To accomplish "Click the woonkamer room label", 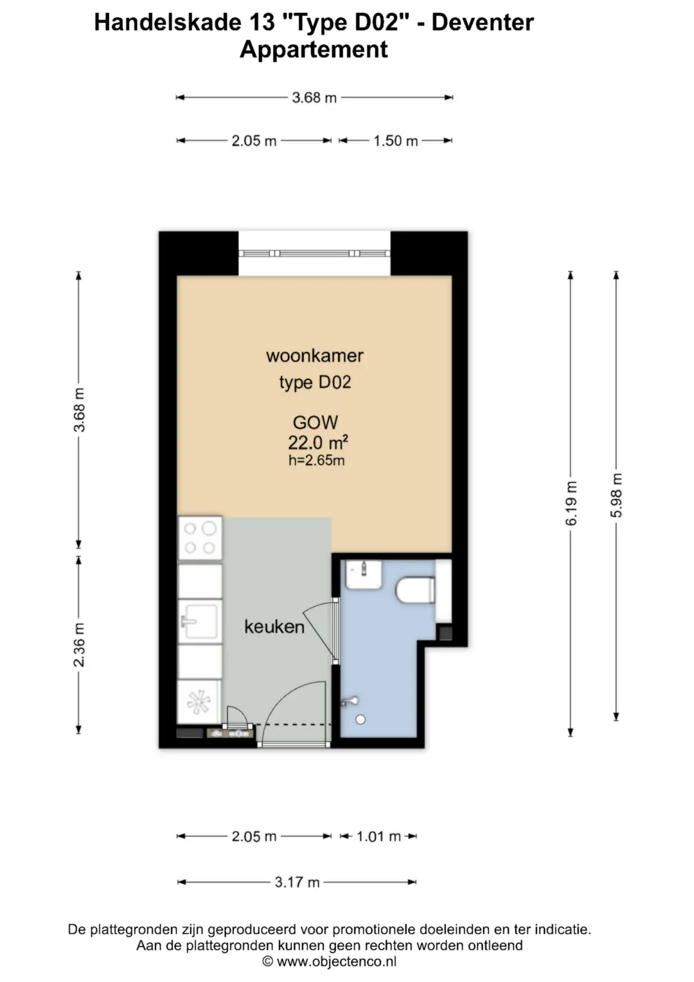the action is (x=315, y=356).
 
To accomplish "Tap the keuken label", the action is (x=274, y=626).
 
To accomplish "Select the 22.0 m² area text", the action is (x=317, y=443).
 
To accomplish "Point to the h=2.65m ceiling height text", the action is (x=316, y=460).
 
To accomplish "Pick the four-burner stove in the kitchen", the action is (x=200, y=538).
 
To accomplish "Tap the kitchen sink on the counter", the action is (x=200, y=621).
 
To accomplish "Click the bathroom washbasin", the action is (x=364, y=575).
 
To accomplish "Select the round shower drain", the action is (x=360, y=720).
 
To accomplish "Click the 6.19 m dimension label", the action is (x=571, y=503).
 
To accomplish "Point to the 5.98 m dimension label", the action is (x=616, y=495).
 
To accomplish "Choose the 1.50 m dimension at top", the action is (x=396, y=141).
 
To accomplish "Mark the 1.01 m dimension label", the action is (x=378, y=837).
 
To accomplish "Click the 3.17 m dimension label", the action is (x=297, y=882).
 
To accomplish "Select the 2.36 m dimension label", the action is (x=79, y=644).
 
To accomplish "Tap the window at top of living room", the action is (x=315, y=253).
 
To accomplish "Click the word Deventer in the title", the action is (x=483, y=23).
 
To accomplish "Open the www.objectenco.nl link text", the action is (x=337, y=962).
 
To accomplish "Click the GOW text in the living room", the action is (x=316, y=423).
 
